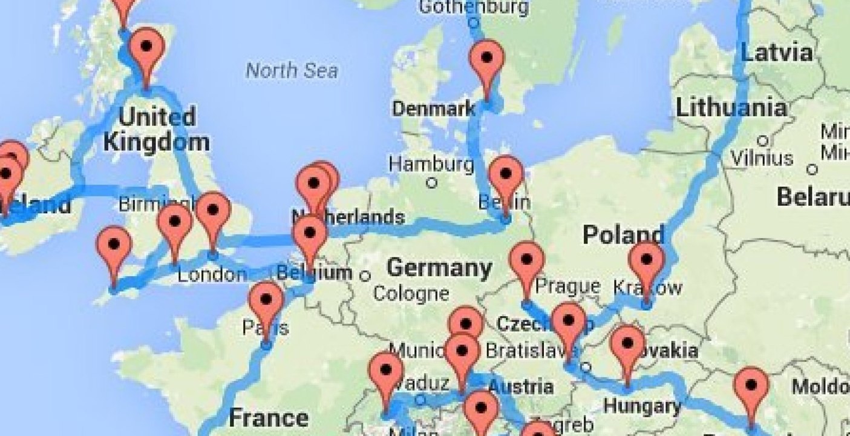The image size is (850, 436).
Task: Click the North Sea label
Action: point(291,70)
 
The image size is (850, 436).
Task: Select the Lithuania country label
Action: point(731,108)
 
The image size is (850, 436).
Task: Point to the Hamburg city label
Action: point(431,163)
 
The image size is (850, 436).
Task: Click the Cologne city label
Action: point(411,294)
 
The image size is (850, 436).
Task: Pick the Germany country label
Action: point(439,267)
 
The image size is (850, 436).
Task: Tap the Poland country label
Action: point(623,235)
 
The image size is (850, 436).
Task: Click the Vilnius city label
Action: point(762,158)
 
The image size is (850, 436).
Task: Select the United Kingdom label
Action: point(156,128)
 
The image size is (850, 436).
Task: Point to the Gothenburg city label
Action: point(474,7)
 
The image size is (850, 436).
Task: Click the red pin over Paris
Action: point(266,300)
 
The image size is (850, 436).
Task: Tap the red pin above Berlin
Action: point(506,174)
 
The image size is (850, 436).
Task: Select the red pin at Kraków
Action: point(646,260)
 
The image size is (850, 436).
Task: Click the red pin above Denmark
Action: point(487,59)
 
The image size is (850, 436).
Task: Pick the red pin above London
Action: point(213,211)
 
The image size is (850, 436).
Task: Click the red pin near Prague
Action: point(526,260)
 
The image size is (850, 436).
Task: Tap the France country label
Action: point(268,417)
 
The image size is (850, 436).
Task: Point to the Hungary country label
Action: point(642,405)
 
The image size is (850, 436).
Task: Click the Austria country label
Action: point(520,386)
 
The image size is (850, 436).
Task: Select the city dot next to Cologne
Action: point(365,276)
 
